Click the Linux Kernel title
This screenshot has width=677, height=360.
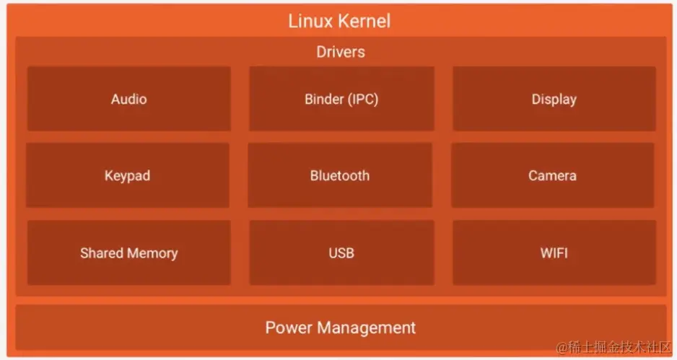(x=339, y=20)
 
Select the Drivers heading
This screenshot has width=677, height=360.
(x=340, y=52)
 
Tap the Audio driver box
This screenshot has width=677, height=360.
(x=128, y=99)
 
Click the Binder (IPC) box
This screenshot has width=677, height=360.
(x=341, y=99)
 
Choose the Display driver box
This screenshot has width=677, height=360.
(x=554, y=99)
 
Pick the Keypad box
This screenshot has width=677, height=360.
(x=127, y=175)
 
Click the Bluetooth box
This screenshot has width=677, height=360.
(x=340, y=175)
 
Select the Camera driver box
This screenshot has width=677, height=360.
(x=552, y=175)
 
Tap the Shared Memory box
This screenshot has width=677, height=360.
(x=128, y=253)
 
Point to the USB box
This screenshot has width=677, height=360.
(x=341, y=253)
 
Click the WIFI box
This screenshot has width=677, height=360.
(x=554, y=253)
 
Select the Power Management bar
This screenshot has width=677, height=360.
(x=340, y=328)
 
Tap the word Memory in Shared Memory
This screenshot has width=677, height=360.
(x=152, y=253)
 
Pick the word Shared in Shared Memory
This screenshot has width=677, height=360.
(x=102, y=253)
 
